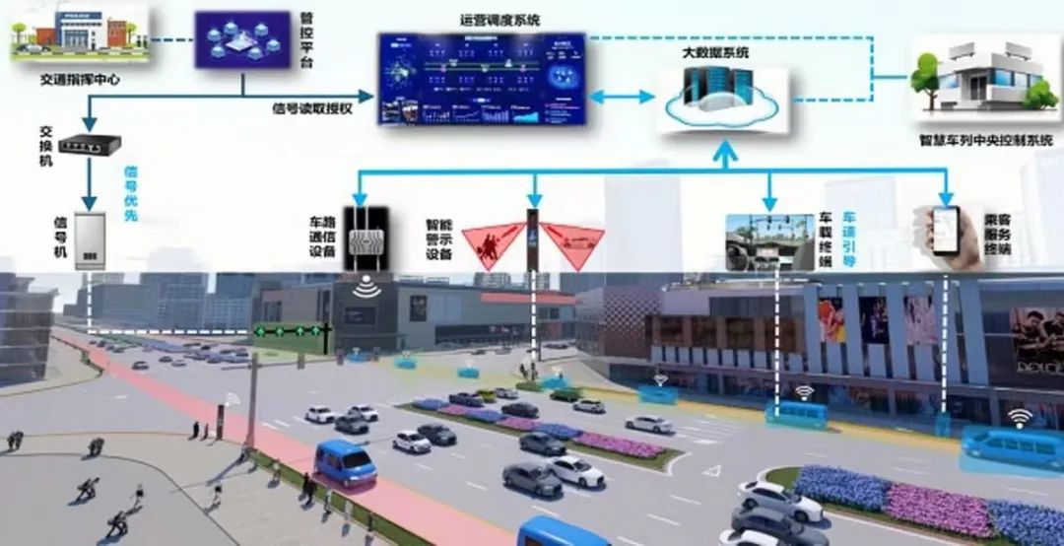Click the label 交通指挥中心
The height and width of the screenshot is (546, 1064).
(x=79, y=78)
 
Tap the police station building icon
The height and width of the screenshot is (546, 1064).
(x=79, y=34)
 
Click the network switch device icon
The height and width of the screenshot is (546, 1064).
(x=89, y=144)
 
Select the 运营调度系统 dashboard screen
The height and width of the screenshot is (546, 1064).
(x=482, y=79)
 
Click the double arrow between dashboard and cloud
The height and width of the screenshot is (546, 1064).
(x=622, y=97)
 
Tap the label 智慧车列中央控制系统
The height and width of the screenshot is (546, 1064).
(x=985, y=141)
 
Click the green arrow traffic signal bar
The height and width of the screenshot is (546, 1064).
(x=289, y=331)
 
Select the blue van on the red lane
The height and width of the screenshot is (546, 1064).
(x=344, y=462)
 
